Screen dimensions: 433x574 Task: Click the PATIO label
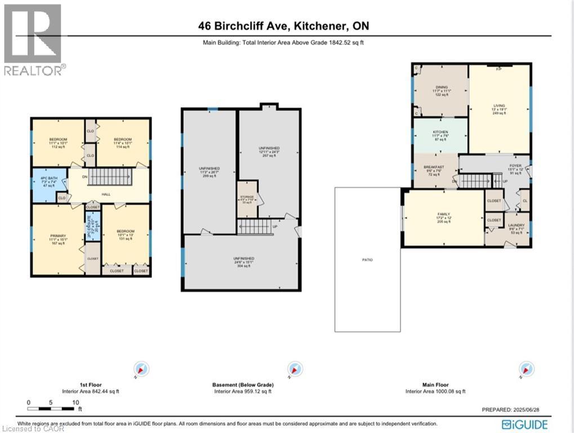coord(368,260)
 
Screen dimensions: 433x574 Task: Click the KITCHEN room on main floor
coord(440,135)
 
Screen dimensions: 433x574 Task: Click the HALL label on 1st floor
coord(106,195)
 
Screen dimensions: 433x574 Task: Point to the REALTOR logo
coord(34,39)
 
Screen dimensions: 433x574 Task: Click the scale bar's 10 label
coord(75,402)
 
